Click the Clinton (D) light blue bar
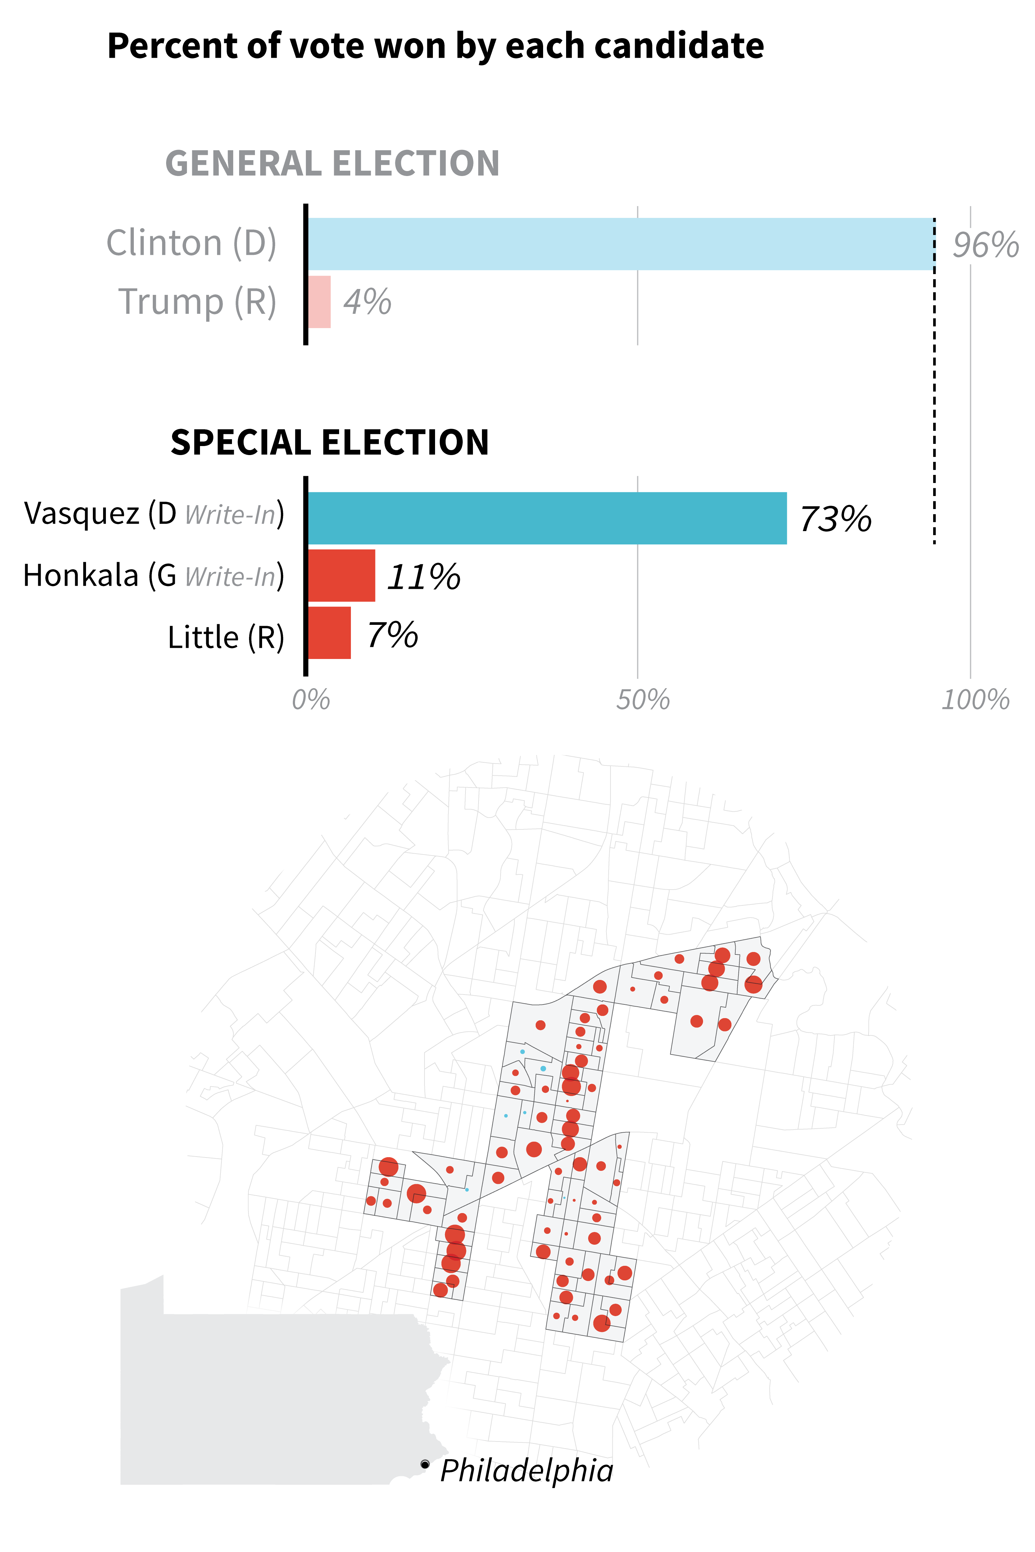(620, 244)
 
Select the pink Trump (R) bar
(320, 302)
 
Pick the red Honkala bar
(341, 575)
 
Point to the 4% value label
(367, 302)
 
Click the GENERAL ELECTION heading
(332, 164)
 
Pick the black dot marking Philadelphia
(425, 1464)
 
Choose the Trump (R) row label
(197, 302)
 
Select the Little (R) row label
(226, 638)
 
